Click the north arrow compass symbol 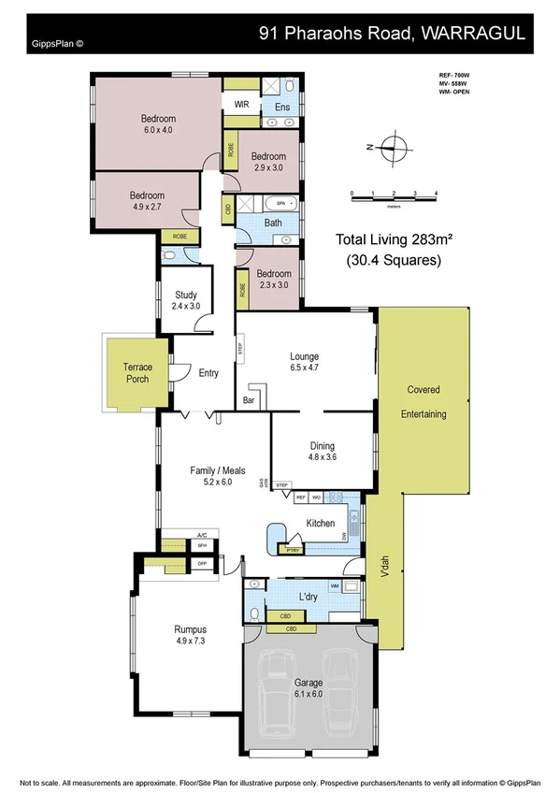click(x=393, y=147)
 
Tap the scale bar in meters click(x=394, y=195)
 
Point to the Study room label click(x=186, y=299)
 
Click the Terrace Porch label click(x=131, y=373)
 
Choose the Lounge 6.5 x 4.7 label click(x=304, y=362)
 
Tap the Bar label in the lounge click(x=249, y=400)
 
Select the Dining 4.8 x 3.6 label click(x=322, y=452)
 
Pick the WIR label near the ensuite click(x=240, y=104)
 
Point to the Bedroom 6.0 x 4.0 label click(x=158, y=124)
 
